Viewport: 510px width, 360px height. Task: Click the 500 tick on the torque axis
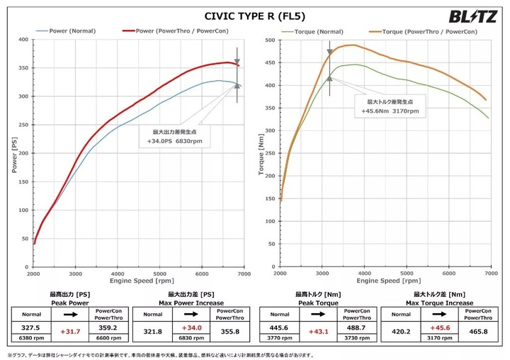[x=270, y=40]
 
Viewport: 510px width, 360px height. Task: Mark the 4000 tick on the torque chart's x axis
[x=364, y=273]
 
